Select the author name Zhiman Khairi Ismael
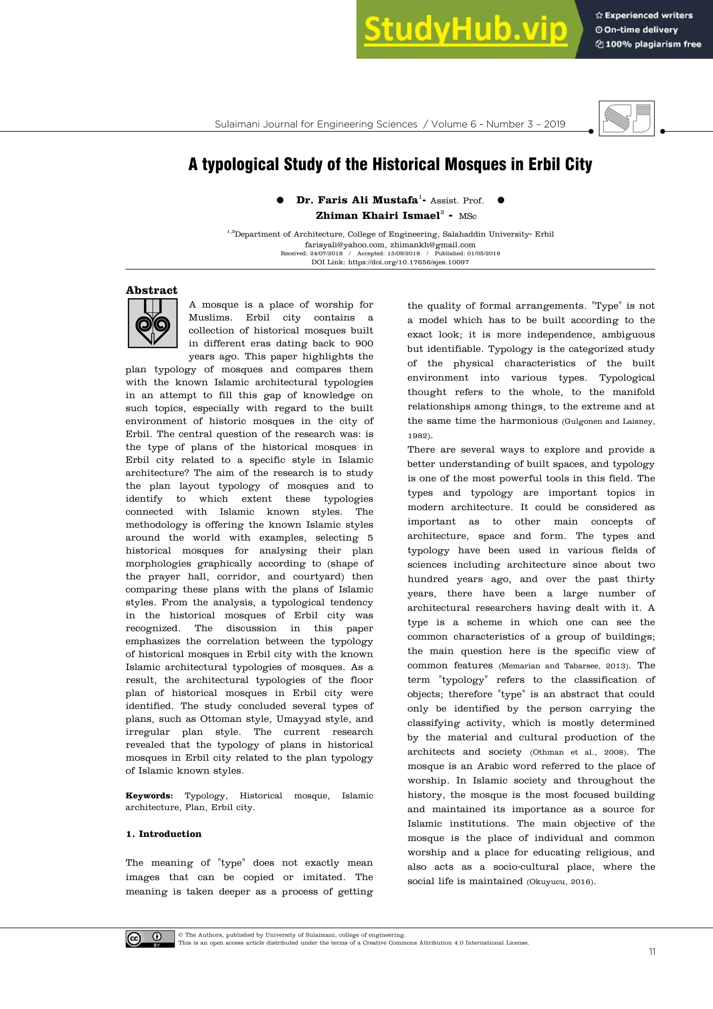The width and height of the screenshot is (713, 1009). pos(378,215)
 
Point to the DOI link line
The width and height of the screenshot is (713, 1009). pos(390,262)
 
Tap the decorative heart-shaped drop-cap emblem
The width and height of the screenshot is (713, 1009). pos(152,323)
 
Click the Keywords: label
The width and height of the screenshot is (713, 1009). pos(149,795)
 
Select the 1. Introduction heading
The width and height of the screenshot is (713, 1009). pos(163,834)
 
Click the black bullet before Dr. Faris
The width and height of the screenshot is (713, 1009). pos(280,200)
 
